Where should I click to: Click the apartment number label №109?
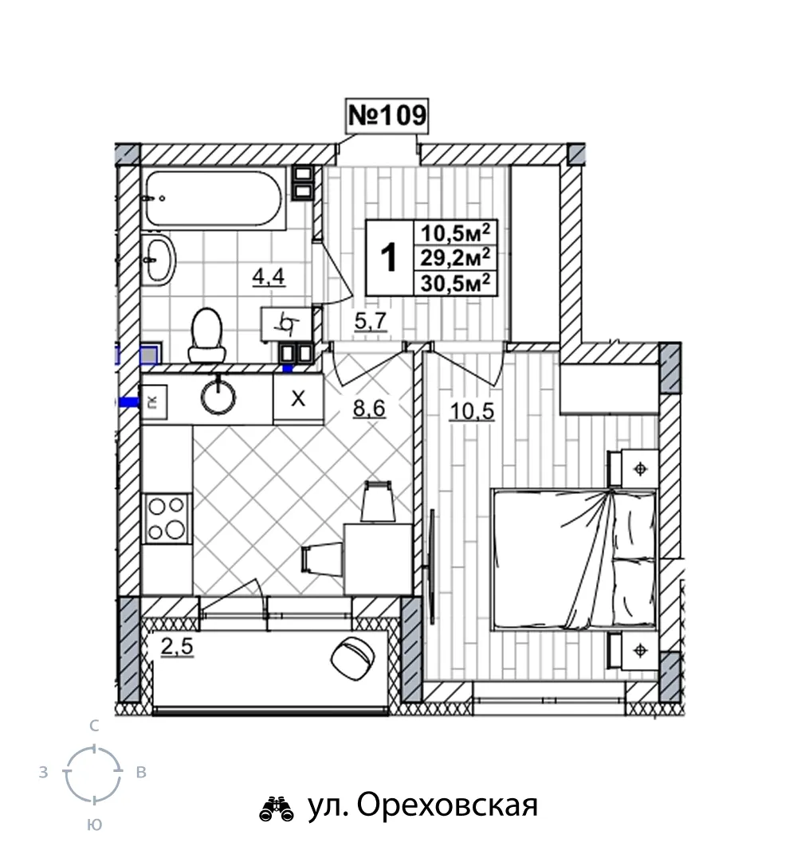(x=387, y=115)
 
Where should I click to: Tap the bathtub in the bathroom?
(x=214, y=198)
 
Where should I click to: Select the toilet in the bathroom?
(x=207, y=335)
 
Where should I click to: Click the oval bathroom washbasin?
(x=159, y=260)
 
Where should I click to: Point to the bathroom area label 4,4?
(x=269, y=277)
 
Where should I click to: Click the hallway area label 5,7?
(x=371, y=322)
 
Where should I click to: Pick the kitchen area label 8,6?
(x=369, y=409)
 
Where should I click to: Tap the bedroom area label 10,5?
(x=472, y=411)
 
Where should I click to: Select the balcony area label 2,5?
(x=177, y=646)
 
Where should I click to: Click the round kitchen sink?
(x=218, y=396)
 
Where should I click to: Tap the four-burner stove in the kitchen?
(x=167, y=519)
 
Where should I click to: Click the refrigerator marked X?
(x=298, y=399)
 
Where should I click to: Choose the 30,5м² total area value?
(x=455, y=283)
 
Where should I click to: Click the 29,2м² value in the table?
(x=455, y=258)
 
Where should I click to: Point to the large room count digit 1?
(x=389, y=257)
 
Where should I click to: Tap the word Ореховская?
(x=447, y=805)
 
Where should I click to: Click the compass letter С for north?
(x=94, y=726)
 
